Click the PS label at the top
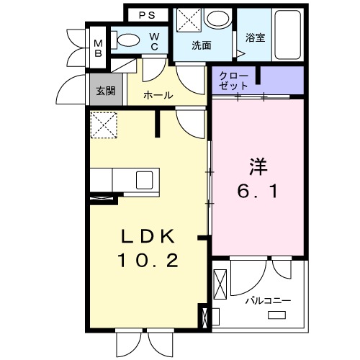(x=146, y=14)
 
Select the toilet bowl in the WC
(x=127, y=40)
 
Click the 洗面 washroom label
(x=201, y=45)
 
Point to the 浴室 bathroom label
(x=255, y=37)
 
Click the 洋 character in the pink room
(x=258, y=167)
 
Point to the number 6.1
(x=258, y=192)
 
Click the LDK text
(x=148, y=235)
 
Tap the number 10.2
(x=148, y=260)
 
